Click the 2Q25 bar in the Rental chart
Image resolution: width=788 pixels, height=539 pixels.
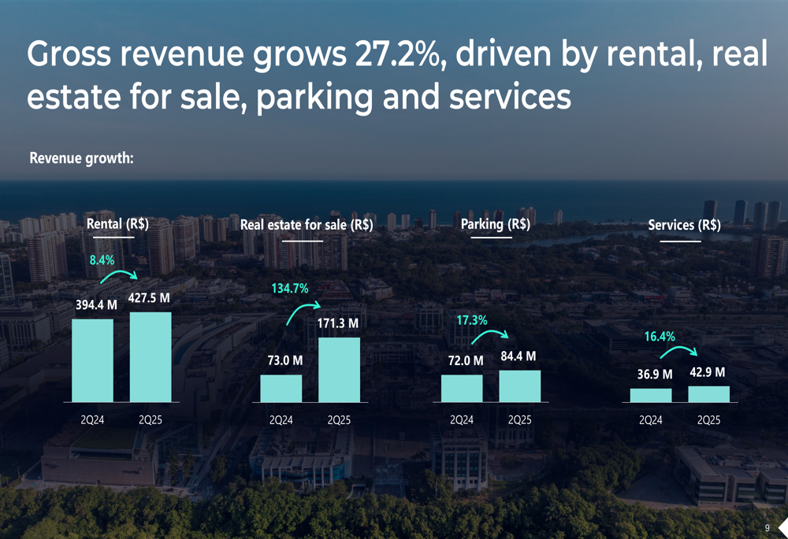click(x=150, y=357)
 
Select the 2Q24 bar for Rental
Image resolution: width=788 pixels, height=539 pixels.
click(x=92, y=360)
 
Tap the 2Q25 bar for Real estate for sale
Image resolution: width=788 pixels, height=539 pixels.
click(x=339, y=370)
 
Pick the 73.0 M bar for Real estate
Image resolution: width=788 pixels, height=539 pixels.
click(x=281, y=388)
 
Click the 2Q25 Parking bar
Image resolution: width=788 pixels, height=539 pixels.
click(x=520, y=386)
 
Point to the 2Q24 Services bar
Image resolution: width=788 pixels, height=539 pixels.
click(x=651, y=395)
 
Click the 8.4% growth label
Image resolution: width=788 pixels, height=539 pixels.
click(x=102, y=259)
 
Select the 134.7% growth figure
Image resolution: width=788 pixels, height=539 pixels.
click(x=290, y=289)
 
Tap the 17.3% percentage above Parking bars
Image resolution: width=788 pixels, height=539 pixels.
click(x=472, y=320)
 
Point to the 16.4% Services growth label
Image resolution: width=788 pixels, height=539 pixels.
click(x=660, y=337)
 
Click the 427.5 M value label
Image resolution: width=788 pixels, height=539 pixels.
click(x=149, y=298)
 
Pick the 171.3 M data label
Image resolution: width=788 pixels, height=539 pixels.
click(x=338, y=323)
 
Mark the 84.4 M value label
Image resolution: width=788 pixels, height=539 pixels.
click(x=519, y=356)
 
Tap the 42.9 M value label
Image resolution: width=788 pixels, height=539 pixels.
click(x=708, y=372)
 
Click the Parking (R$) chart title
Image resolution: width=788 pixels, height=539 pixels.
click(x=495, y=224)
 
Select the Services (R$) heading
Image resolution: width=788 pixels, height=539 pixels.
click(x=684, y=225)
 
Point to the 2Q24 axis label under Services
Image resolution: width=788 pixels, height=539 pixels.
click(x=651, y=420)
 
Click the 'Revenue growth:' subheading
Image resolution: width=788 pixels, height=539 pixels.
click(x=81, y=158)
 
